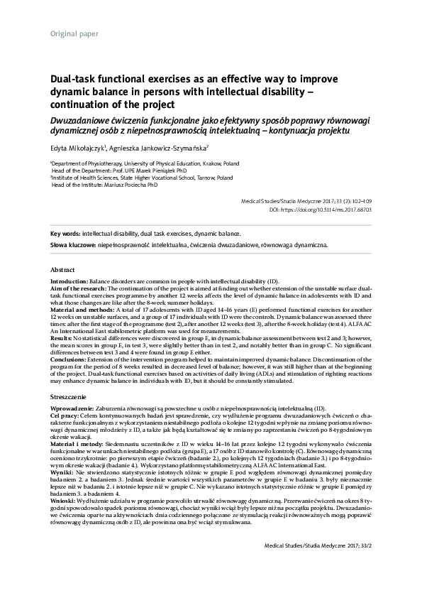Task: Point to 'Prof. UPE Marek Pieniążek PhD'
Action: pos(145,170)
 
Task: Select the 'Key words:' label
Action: pos(65,233)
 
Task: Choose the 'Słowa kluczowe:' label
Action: pos(72,244)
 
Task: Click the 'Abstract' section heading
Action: pos(63,271)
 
